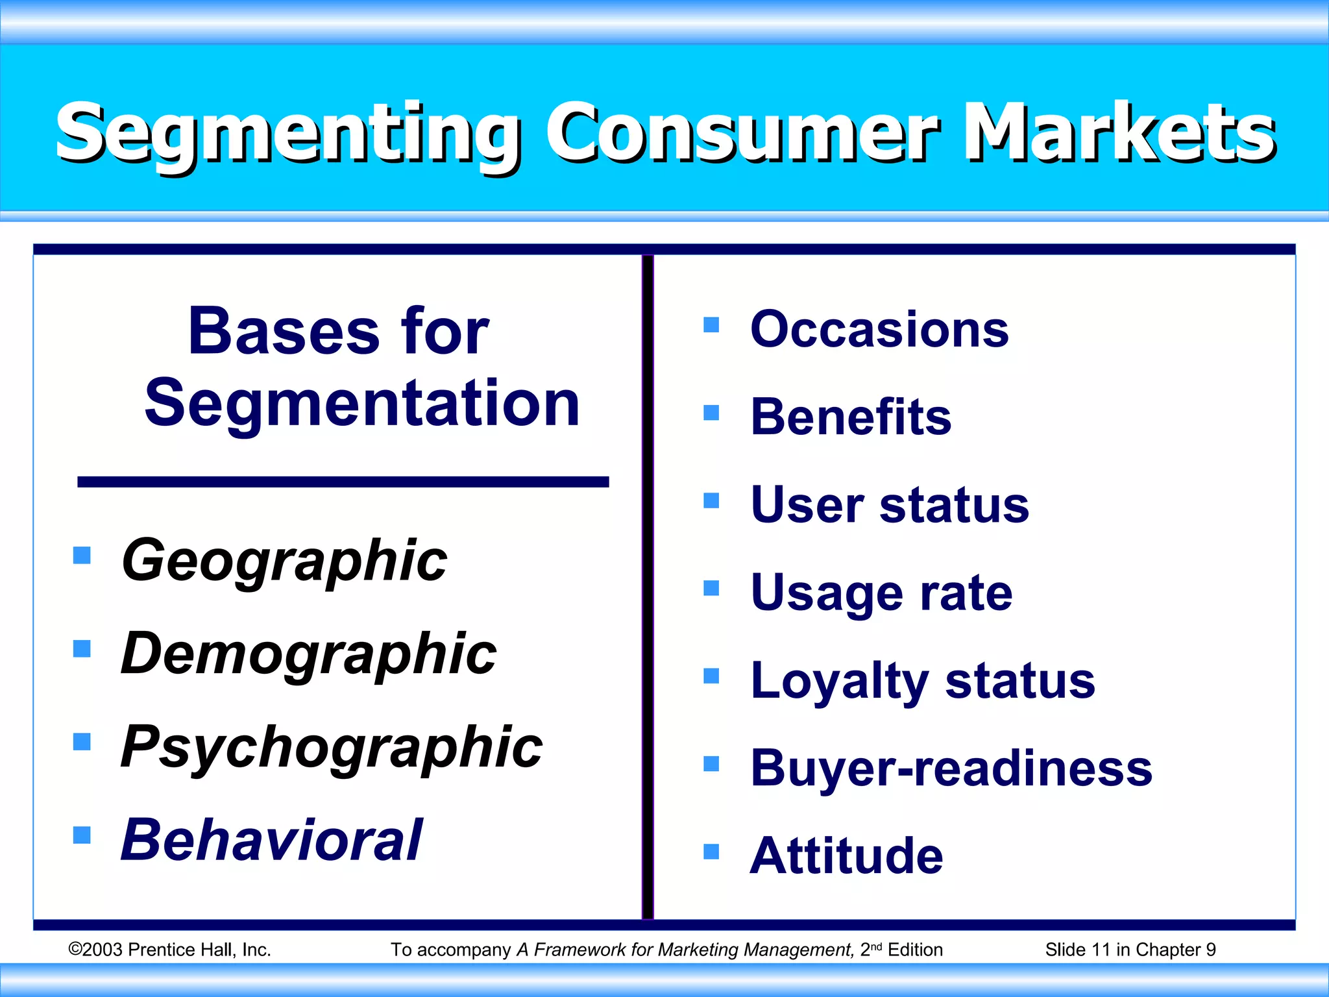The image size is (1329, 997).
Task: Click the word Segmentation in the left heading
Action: click(x=361, y=404)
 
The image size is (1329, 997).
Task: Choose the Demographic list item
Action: click(x=308, y=654)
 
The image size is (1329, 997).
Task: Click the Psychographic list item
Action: click(x=331, y=747)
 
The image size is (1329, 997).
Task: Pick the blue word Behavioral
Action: click(x=271, y=840)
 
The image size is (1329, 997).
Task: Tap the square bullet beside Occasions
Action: click(x=711, y=325)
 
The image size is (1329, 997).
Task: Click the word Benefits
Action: click(x=850, y=417)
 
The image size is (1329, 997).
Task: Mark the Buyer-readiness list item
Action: click(x=951, y=769)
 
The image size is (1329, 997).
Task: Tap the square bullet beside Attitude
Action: click(x=711, y=851)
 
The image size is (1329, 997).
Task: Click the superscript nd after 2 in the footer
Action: click(x=876, y=946)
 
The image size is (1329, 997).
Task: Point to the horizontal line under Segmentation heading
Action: click(x=343, y=482)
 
